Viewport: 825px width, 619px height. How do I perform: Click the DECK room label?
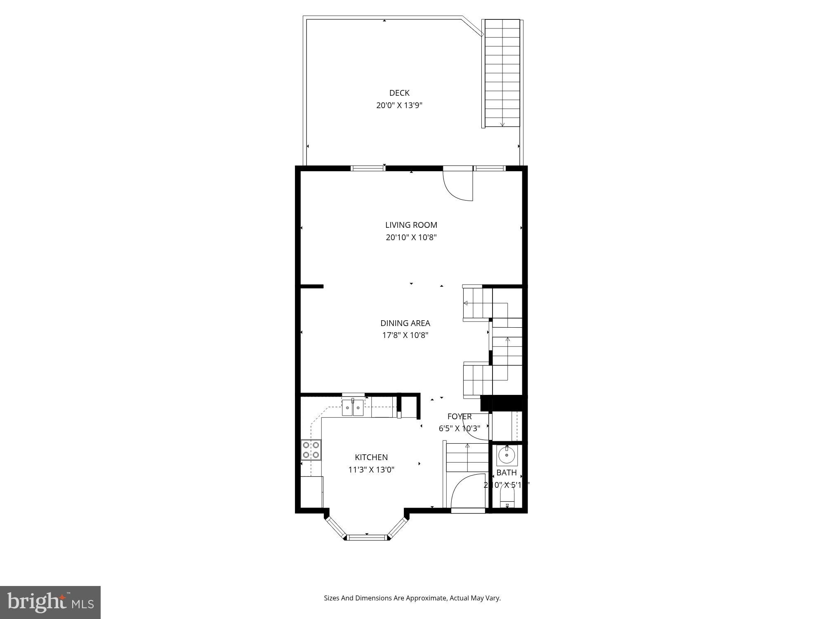[x=399, y=93]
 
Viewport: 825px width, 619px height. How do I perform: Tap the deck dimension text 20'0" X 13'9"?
[x=399, y=105]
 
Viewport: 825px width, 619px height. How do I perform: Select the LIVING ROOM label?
[x=411, y=225]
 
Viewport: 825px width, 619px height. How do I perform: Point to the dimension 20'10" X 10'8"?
[x=411, y=237]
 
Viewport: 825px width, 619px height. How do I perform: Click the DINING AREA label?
[x=405, y=323]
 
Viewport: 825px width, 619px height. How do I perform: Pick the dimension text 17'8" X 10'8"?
[x=405, y=335]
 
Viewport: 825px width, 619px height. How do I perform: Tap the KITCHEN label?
[x=371, y=457]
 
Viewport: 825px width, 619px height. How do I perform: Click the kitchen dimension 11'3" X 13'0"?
[x=371, y=470]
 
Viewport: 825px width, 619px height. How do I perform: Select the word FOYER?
[x=459, y=416]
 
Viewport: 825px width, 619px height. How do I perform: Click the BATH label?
[x=506, y=473]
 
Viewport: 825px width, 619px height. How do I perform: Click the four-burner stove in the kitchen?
[x=311, y=450]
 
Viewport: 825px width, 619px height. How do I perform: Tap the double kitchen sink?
[x=353, y=409]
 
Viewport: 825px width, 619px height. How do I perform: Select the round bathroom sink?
[x=506, y=456]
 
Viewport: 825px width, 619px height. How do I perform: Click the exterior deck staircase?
[x=502, y=73]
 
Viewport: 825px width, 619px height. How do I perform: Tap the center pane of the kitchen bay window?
[x=367, y=537]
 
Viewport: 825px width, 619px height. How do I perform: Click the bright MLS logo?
[x=50, y=602]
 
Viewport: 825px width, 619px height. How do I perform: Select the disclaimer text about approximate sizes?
[x=412, y=598]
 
